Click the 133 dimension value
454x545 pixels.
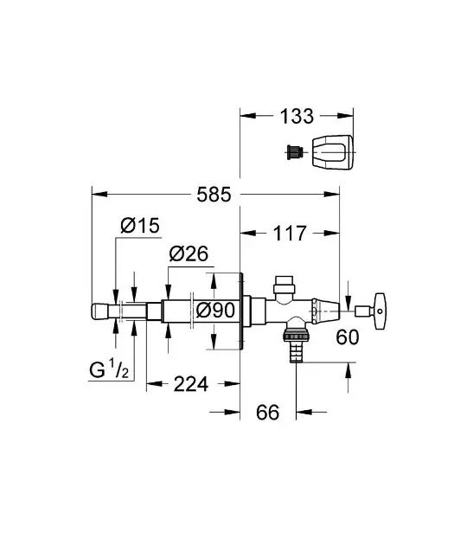tap(297, 116)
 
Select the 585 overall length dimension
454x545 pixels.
tap(214, 195)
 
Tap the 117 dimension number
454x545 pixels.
tap(290, 234)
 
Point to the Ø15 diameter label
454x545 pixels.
tap(140, 226)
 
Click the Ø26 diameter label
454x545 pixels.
tap(189, 254)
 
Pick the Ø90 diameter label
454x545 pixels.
tap(215, 310)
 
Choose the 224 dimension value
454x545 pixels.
tap(191, 384)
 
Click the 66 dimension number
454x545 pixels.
tap(267, 413)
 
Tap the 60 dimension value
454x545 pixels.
tap(348, 337)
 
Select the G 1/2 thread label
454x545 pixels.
tap(109, 369)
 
